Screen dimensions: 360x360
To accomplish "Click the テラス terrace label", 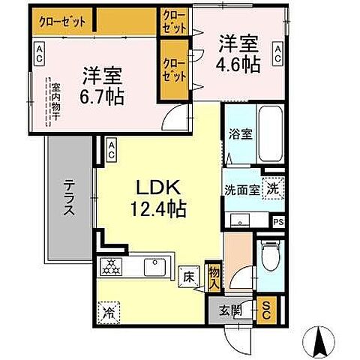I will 68,198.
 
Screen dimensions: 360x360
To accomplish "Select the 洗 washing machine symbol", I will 274,190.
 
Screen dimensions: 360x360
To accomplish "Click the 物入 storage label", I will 214,279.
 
